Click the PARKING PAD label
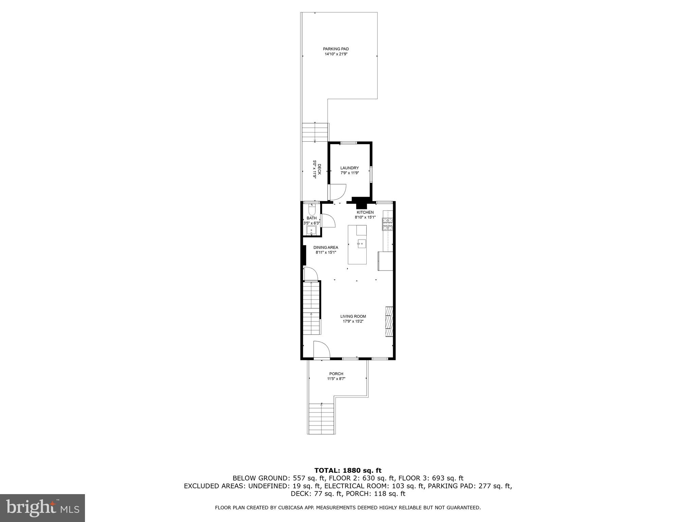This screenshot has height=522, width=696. click(336, 49)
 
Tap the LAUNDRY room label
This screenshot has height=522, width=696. click(349, 168)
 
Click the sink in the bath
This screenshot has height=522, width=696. click(311, 231)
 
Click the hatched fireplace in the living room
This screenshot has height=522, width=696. click(389, 321)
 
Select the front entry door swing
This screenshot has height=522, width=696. click(322, 350)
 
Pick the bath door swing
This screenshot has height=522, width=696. click(328, 221)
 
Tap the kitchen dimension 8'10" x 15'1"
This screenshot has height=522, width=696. click(365, 217)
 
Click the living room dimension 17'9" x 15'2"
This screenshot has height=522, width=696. click(353, 321)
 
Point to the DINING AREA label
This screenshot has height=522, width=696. click(326, 247)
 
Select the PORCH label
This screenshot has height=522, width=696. click(336, 374)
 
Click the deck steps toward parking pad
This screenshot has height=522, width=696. click(315, 132)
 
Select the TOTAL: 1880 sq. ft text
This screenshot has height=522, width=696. click(348, 471)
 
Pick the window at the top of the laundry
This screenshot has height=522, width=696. click(349, 143)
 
